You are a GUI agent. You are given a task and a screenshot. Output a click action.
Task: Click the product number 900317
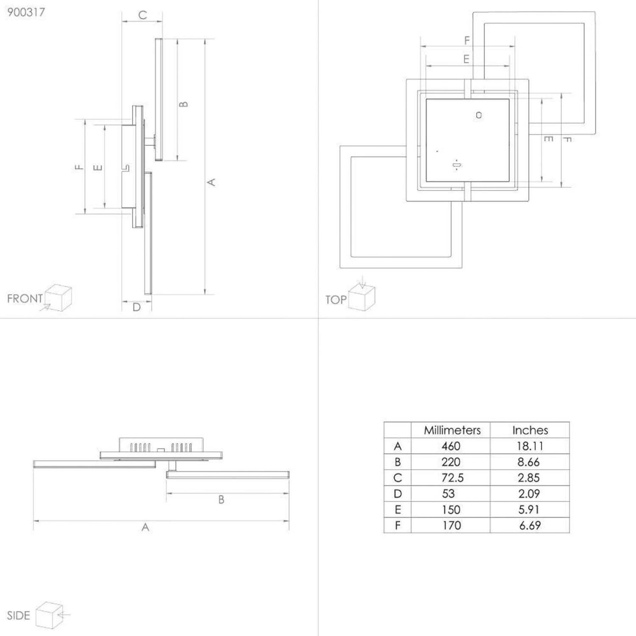[x=26, y=12]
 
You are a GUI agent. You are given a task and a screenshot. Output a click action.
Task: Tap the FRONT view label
[x=25, y=298]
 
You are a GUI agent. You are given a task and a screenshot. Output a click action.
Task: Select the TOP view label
[x=336, y=300]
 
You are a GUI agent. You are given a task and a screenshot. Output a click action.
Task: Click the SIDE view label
[x=18, y=616]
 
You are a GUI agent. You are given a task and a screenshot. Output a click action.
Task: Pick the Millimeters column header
[x=452, y=430]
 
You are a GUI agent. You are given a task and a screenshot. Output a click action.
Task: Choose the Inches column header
[x=530, y=430]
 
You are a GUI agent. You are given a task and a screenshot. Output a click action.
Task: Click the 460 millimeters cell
[x=451, y=446]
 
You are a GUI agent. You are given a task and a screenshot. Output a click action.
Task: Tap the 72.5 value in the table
[x=452, y=478]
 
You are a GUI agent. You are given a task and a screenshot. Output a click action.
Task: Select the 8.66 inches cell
[x=529, y=462]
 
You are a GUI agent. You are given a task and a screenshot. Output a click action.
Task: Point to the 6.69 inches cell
[x=530, y=526]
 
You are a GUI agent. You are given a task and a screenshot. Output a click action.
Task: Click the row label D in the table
[x=397, y=494]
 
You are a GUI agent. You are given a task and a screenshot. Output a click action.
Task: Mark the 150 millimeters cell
[x=451, y=510]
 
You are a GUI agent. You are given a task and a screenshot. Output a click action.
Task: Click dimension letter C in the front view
[x=142, y=15]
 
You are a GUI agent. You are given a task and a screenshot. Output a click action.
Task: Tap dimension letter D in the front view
[x=137, y=307]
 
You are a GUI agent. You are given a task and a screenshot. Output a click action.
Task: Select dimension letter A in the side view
[x=145, y=527]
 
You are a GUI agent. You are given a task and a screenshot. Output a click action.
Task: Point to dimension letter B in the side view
[x=221, y=500]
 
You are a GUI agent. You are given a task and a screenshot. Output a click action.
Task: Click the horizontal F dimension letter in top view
[x=467, y=40]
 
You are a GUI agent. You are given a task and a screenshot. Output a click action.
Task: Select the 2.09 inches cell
[x=529, y=494]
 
